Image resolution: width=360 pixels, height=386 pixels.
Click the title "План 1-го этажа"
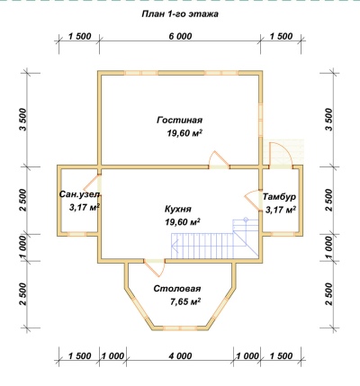[x=180, y=14]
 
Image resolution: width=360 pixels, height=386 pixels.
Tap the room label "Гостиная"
[x=180, y=121]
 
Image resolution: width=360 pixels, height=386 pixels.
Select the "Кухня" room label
[x=178, y=209]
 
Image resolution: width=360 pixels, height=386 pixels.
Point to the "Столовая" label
[x=177, y=289]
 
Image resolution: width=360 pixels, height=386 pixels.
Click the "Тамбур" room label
[x=279, y=197]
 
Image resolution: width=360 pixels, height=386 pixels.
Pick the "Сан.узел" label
[x=79, y=194]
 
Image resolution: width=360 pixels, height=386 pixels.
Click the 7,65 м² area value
[x=185, y=301]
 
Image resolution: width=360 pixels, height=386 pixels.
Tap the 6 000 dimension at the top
[x=180, y=36]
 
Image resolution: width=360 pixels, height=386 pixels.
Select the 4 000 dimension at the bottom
[x=180, y=356]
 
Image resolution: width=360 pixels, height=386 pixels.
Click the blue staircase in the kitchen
[x=215, y=238]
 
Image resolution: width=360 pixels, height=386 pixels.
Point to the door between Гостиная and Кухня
[x=219, y=160]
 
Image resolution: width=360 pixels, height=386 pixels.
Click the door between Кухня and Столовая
[x=155, y=267]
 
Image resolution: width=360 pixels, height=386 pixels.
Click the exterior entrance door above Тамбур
[x=280, y=155]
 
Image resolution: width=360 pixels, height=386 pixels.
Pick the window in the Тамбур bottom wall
[x=282, y=234]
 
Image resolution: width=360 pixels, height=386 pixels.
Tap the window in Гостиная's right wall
[x=261, y=119]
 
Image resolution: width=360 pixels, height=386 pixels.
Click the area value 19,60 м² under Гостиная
[x=184, y=133]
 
